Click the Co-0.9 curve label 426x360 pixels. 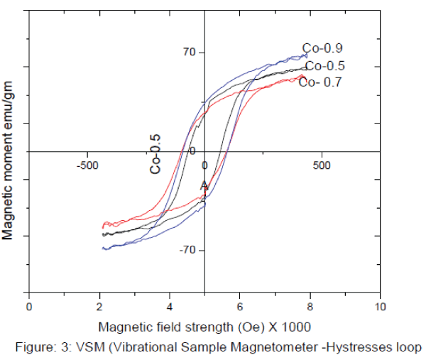tap(323, 49)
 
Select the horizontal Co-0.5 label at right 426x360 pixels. tap(324, 66)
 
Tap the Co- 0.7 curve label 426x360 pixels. tap(320, 82)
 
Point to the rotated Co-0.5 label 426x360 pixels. tap(155, 154)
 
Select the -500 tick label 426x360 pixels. tap(87, 165)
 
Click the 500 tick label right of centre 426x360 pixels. tap(322, 165)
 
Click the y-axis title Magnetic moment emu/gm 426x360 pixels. tap(9, 160)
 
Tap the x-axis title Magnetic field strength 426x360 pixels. tap(204, 327)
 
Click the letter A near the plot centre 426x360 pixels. tap(203, 186)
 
